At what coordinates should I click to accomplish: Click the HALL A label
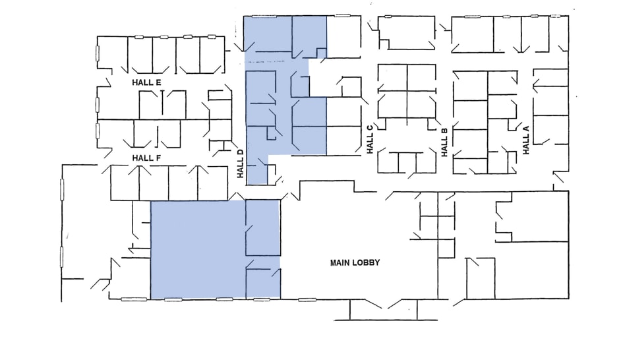(x=526, y=139)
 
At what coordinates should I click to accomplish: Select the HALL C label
(x=370, y=139)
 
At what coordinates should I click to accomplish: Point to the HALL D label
(x=241, y=164)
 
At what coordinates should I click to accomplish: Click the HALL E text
(x=146, y=82)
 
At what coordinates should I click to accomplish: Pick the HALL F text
(x=146, y=158)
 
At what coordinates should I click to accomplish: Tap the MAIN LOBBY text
(x=355, y=262)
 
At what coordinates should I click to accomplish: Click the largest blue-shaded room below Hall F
(x=198, y=249)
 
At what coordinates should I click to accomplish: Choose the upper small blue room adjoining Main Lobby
(x=263, y=227)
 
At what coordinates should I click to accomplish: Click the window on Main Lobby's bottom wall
(x=307, y=299)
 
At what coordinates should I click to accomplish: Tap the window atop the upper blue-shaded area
(x=264, y=16)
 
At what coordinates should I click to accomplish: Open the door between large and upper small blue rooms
(x=248, y=233)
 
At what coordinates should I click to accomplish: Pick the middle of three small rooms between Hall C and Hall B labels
(x=407, y=162)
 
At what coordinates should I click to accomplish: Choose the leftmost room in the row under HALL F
(x=124, y=183)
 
